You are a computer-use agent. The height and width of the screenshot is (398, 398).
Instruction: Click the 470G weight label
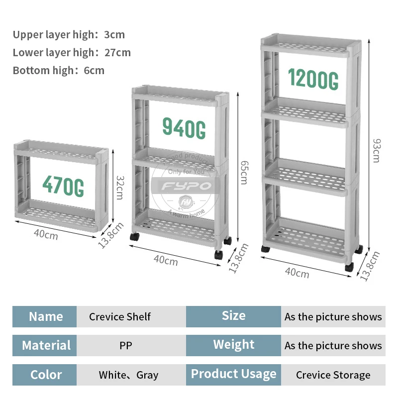(x=63, y=186)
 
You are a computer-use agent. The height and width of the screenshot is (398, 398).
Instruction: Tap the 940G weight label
(x=184, y=128)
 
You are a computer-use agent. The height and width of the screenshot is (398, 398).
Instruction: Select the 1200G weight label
(x=313, y=79)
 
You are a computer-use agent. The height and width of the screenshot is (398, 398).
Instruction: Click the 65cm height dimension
(x=243, y=172)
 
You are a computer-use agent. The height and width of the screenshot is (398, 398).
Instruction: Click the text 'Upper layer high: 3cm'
(x=69, y=35)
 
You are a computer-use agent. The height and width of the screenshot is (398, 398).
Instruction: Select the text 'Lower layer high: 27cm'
(x=72, y=53)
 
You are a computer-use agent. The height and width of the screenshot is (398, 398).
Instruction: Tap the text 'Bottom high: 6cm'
(x=59, y=70)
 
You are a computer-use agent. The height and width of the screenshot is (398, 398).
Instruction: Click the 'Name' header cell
(x=45, y=316)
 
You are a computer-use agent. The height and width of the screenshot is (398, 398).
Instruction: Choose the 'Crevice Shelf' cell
(x=120, y=316)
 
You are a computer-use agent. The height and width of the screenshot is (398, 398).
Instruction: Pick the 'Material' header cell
(x=45, y=345)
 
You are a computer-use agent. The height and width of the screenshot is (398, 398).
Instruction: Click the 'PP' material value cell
(x=126, y=345)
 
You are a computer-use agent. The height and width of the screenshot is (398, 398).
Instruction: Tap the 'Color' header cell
(x=45, y=375)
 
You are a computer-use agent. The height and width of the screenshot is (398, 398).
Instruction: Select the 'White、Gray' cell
(x=128, y=375)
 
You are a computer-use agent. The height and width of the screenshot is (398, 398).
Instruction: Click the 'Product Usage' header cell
(x=233, y=374)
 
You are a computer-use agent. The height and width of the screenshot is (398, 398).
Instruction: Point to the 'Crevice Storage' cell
(x=333, y=375)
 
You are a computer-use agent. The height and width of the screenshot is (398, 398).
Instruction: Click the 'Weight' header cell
(x=233, y=345)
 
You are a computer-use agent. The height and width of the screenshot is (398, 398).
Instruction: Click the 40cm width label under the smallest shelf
(x=46, y=234)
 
